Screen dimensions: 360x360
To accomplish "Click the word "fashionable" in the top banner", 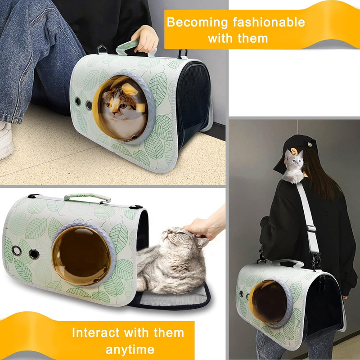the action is pyautogui.click(x=269, y=22).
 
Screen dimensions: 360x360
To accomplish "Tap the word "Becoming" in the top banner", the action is pyautogui.click(x=197, y=22).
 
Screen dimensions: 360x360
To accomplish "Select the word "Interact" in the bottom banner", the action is pyautogui.click(x=96, y=333).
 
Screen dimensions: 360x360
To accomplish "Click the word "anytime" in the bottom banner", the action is pyautogui.click(x=130, y=350).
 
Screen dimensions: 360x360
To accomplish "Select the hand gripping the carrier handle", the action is pyautogui.click(x=145, y=39).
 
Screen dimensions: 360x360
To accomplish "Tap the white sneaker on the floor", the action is pyautogui.click(x=6, y=140).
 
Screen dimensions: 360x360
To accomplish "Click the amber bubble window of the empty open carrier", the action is pyautogui.click(x=81, y=256).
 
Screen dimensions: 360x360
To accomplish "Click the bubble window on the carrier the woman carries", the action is pyautogui.click(x=269, y=302).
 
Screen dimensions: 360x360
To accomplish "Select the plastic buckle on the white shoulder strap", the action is pyautogui.click(x=311, y=229).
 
